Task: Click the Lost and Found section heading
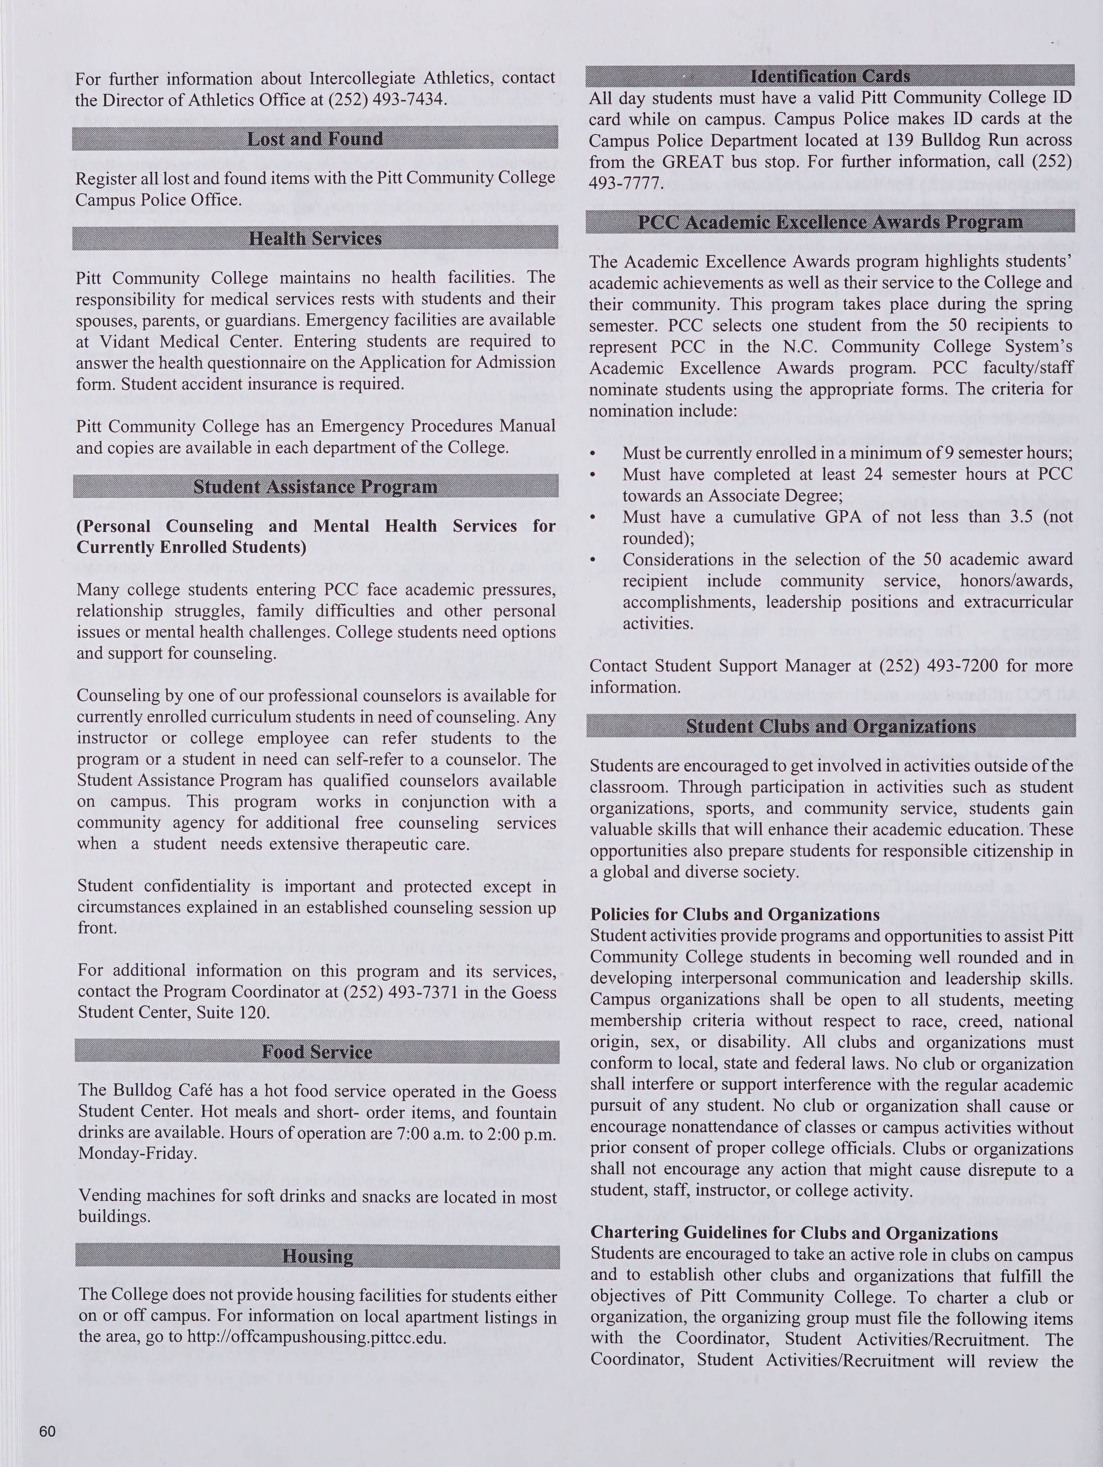point(315,139)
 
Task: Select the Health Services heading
point(315,238)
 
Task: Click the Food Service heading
point(317,1052)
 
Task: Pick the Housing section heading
point(318,1256)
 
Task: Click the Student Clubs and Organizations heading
point(830,726)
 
